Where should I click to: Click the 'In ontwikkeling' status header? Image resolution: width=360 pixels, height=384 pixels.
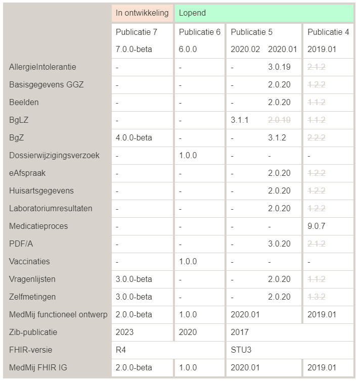point(142,13)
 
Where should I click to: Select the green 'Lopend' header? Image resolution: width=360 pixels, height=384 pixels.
point(193,13)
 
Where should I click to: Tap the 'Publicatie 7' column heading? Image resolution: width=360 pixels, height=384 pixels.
point(137,32)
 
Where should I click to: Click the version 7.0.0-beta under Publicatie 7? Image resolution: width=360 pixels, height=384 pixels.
point(134,50)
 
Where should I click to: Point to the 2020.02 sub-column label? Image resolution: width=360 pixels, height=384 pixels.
point(245,50)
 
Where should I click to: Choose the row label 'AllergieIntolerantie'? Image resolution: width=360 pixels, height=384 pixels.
point(43,67)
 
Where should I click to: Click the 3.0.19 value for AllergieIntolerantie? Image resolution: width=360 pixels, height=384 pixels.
point(280,67)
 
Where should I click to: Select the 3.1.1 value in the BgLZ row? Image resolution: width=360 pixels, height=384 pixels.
point(240,120)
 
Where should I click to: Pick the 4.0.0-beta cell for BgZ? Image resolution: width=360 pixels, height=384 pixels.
point(134,138)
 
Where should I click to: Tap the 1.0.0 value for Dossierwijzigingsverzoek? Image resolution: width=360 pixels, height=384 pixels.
point(188,156)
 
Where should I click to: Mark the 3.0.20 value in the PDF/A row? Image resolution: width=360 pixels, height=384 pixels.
point(280,244)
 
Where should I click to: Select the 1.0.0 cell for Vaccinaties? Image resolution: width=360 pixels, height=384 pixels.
point(188,262)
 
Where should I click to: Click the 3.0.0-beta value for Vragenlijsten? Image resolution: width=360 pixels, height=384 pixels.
point(134,279)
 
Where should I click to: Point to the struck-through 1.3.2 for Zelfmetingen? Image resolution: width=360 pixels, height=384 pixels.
point(317,297)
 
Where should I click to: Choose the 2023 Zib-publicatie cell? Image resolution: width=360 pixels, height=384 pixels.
point(125,332)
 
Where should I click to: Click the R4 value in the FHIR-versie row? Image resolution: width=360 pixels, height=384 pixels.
point(121,350)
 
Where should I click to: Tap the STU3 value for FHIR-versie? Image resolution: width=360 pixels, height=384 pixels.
point(240,350)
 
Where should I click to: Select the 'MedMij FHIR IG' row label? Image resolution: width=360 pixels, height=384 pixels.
point(38,368)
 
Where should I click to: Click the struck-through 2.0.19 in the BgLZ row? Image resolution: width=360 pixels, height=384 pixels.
point(280,120)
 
